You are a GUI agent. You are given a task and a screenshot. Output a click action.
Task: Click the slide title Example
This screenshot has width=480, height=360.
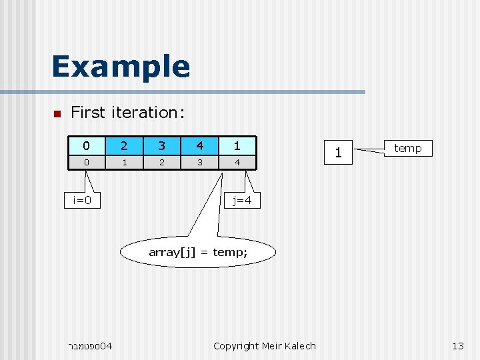pos(121,67)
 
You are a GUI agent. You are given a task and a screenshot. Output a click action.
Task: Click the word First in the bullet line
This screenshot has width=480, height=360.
pos(87,113)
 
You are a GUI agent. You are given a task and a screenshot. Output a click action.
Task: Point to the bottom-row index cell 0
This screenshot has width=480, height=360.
pos(85,163)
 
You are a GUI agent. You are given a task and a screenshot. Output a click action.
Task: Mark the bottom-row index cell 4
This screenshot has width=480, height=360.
pos(237,163)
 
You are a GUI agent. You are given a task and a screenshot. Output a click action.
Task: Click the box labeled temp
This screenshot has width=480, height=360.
pos(407,148)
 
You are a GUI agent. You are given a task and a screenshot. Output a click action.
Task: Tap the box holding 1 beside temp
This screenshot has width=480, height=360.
pos(339,153)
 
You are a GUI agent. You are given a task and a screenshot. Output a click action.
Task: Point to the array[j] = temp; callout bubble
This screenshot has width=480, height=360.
pos(197,252)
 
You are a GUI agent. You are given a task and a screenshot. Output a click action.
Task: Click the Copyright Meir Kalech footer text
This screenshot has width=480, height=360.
pos(265,345)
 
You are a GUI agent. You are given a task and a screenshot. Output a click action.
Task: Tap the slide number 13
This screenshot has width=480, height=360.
pos(457,345)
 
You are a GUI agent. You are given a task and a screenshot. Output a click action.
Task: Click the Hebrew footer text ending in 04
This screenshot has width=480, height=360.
pos(90,345)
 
